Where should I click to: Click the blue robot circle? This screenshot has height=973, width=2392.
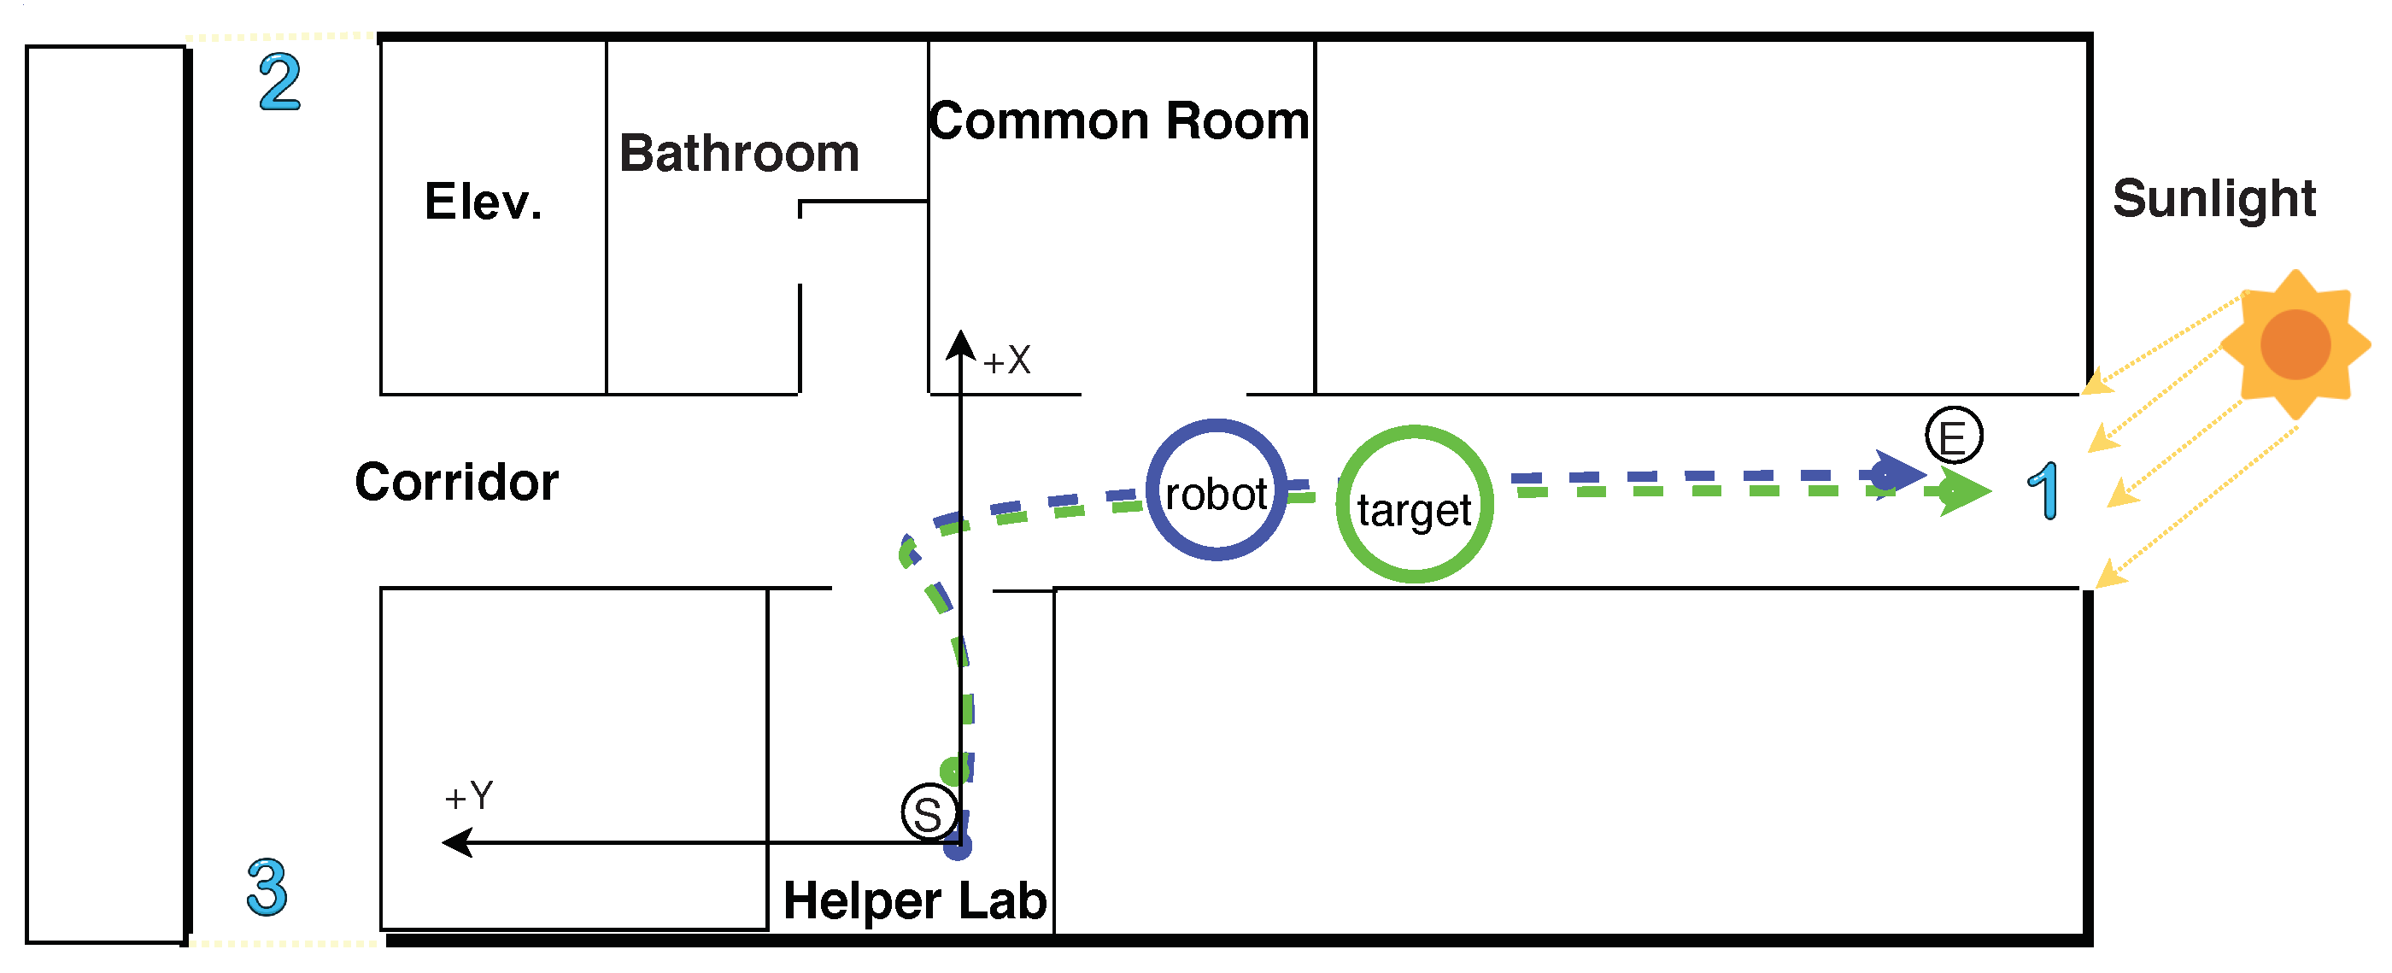point(1216,490)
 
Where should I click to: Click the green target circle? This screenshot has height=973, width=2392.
point(1413,505)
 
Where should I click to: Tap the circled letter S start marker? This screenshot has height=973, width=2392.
point(929,813)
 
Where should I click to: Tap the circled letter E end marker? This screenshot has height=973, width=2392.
point(1953,436)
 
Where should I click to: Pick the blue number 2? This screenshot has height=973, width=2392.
point(279,83)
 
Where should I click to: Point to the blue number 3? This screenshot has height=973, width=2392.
point(267,888)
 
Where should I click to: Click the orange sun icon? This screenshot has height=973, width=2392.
point(2295,344)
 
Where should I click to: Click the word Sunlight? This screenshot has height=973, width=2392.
point(2213,199)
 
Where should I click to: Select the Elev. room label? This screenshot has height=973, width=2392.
point(483,202)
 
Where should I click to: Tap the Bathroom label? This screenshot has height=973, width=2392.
point(739,153)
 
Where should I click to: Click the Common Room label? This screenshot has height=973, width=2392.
point(1118,121)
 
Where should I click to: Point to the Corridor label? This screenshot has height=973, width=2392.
point(456,483)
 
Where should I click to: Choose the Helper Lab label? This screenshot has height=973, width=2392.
point(915,901)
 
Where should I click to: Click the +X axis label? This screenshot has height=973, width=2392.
point(1006,361)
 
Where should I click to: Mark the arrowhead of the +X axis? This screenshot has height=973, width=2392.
point(961,345)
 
